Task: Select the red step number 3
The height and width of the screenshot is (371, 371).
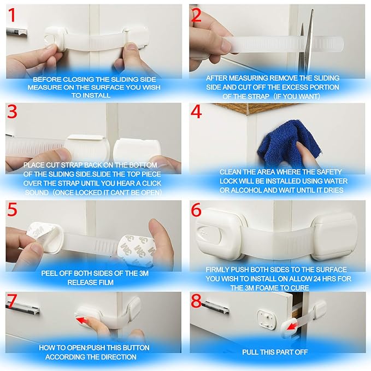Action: pos(13,112)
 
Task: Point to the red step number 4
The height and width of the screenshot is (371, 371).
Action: pos(197,113)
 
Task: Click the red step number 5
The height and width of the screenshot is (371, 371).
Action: pos(12,210)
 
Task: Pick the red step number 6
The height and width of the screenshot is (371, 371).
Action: pos(197,210)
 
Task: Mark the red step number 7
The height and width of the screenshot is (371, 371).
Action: pos(12,302)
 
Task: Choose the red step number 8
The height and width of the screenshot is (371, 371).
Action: pos(197,302)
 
